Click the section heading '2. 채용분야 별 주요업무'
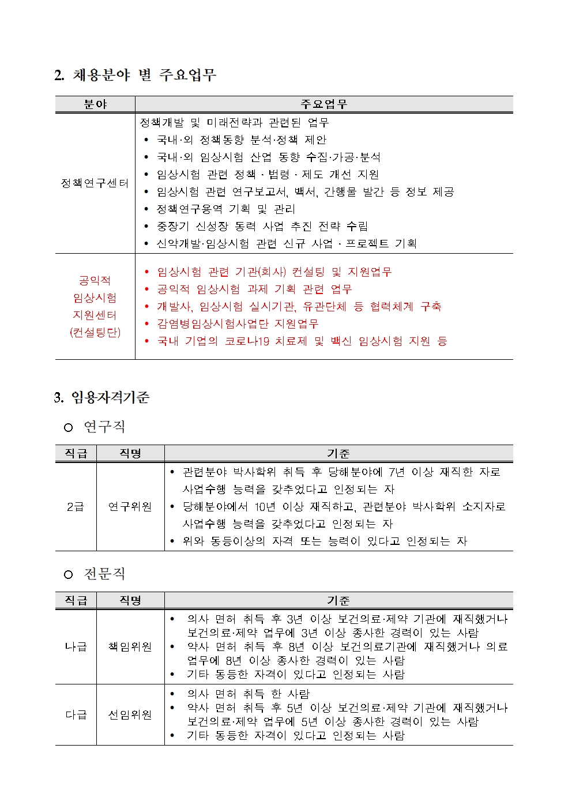[x=135, y=75]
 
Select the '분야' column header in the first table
[x=95, y=104]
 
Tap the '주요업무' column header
[x=323, y=104]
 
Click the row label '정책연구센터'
[x=95, y=183]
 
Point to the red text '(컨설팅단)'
[x=95, y=333]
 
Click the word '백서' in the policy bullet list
[x=304, y=192]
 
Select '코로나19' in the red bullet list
[x=247, y=341]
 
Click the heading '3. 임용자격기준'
[x=102, y=397]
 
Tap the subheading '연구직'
[x=104, y=427]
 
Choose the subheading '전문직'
[x=104, y=574]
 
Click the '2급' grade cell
[x=76, y=507]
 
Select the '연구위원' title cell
[x=130, y=507]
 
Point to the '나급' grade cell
[x=76, y=647]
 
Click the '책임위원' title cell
[x=130, y=647]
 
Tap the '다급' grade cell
[x=76, y=715]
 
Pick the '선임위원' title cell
[x=130, y=715]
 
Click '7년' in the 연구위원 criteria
[x=397, y=472]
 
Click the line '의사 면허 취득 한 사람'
[x=248, y=694]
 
